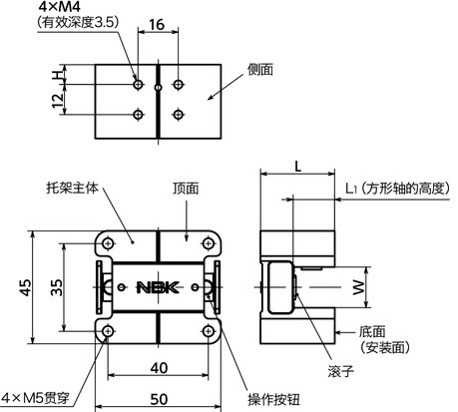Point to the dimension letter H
click(x=57, y=76)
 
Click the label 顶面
click(x=186, y=187)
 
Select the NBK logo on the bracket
click(x=157, y=288)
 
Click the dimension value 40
click(x=157, y=367)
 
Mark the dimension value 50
click(x=157, y=398)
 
